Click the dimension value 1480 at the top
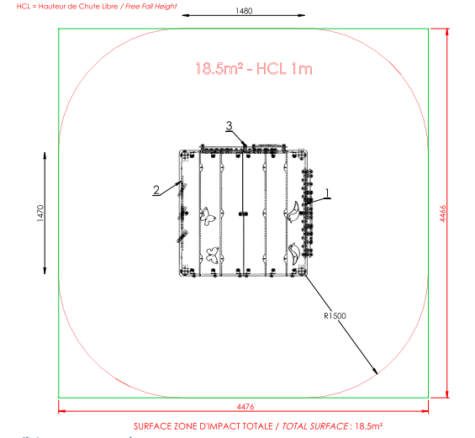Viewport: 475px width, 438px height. [x=244, y=11]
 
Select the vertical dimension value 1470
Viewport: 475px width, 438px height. [x=40, y=214]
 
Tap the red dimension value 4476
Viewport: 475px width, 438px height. [x=245, y=407]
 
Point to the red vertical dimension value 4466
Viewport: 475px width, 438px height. [x=442, y=214]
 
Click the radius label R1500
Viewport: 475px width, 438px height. [x=335, y=316]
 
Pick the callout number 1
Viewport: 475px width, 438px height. [x=327, y=193]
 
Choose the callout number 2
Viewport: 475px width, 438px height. [x=156, y=190]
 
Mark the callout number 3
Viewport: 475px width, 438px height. [x=230, y=126]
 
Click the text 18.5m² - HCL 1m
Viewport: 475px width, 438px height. [x=254, y=68]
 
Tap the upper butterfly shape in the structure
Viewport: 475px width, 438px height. [x=208, y=216]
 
